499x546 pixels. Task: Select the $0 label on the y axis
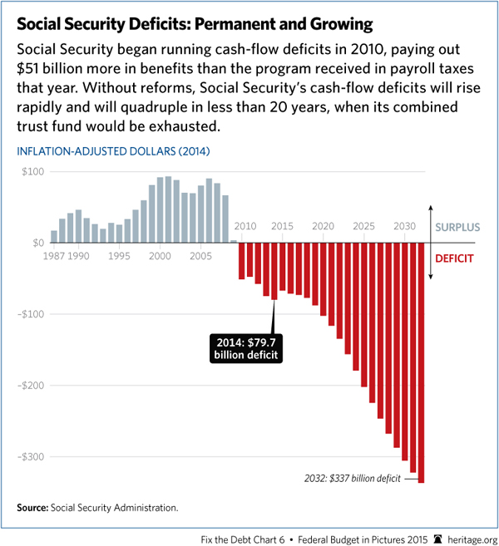(x=34, y=243)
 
